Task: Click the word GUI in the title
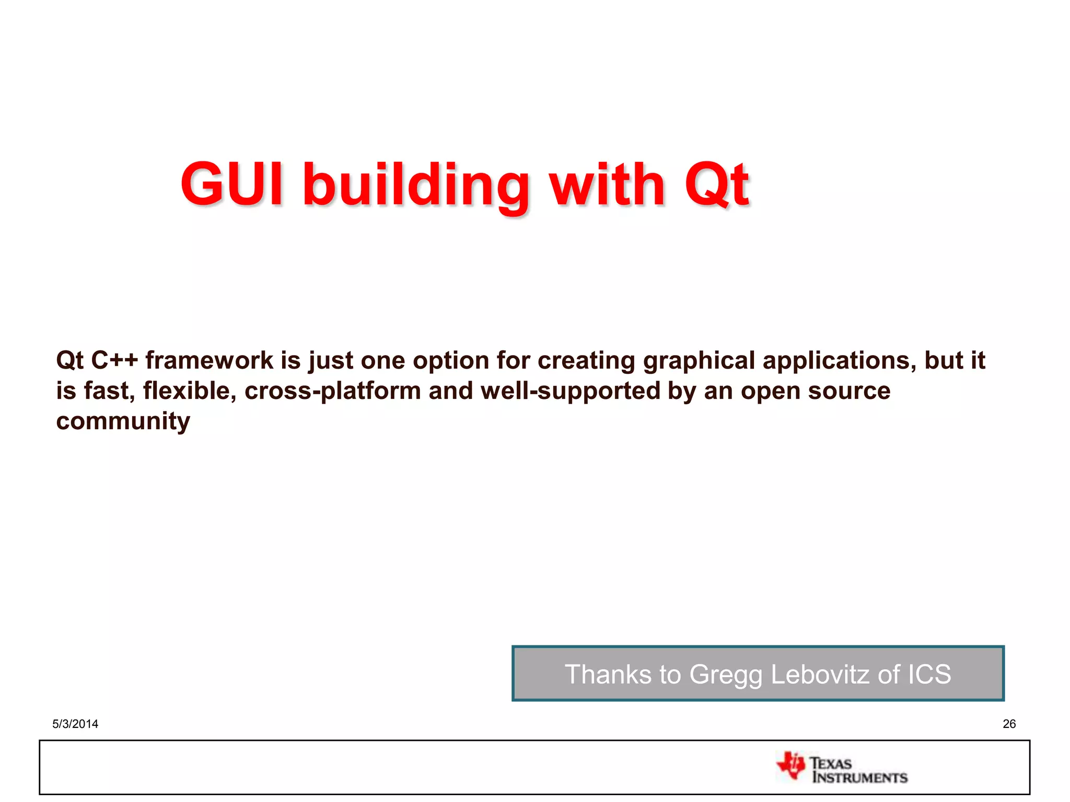(x=232, y=184)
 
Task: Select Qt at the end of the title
(x=717, y=184)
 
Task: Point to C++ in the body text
(x=114, y=360)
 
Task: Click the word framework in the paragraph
(x=209, y=360)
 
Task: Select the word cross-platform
(x=333, y=391)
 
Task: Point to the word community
(x=123, y=421)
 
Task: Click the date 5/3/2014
(x=75, y=724)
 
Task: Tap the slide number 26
(x=1009, y=724)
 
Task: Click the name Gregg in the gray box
(x=726, y=675)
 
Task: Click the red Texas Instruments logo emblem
(x=791, y=766)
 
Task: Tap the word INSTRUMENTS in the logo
(x=860, y=777)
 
